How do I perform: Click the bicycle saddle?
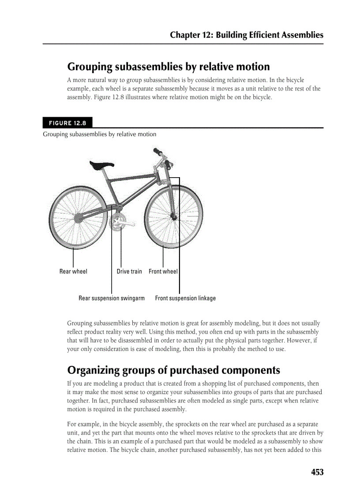[x=101, y=165]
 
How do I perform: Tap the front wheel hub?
[x=175, y=217]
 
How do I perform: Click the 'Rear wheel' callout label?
[x=73, y=272]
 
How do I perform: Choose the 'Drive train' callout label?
[x=129, y=272]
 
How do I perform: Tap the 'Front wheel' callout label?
[x=163, y=272]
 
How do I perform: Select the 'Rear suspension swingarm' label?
[x=112, y=298]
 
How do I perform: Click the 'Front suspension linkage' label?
[x=185, y=298]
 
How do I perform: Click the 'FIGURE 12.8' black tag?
[x=67, y=123]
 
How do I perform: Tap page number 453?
[x=317, y=472]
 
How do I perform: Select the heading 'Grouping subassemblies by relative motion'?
[x=168, y=67]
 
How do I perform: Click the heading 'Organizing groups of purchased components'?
[x=173, y=370]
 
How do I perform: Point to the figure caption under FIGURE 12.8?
[x=99, y=134]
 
